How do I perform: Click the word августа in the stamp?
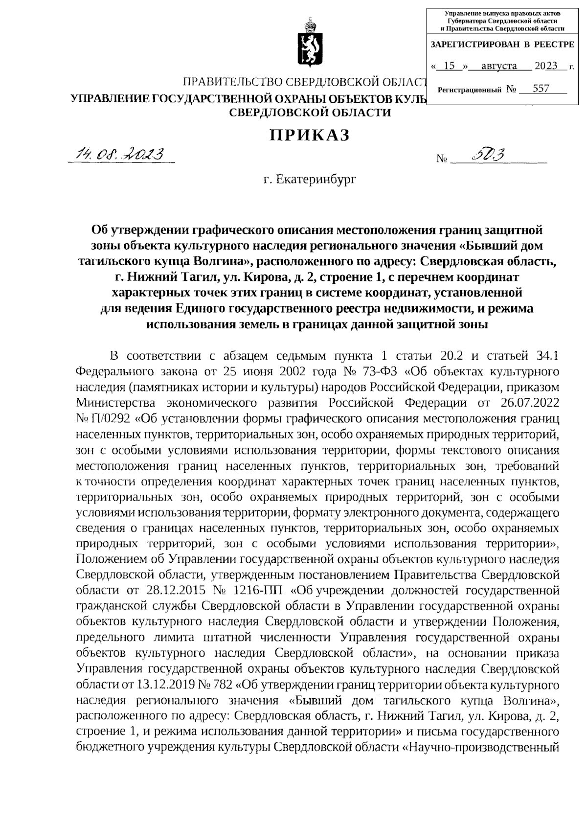pos(499,66)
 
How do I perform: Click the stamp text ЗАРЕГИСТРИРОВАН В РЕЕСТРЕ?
pos(502,45)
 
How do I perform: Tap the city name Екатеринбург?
pos(310,180)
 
